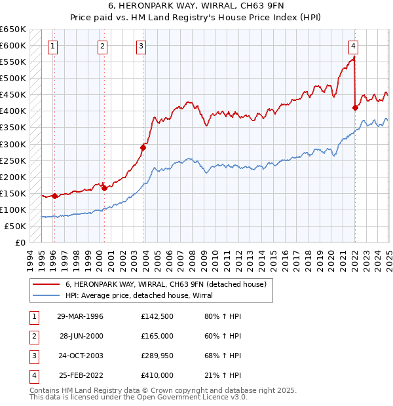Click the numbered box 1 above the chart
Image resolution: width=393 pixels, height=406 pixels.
[x=52, y=46]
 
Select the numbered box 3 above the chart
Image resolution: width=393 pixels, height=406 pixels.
[x=141, y=46]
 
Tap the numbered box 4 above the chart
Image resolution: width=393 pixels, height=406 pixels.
[x=353, y=46]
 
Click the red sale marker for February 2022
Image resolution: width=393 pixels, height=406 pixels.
[x=355, y=107]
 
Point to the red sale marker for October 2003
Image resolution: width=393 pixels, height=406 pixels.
[x=143, y=147]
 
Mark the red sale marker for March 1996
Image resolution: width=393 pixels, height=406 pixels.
[x=55, y=195]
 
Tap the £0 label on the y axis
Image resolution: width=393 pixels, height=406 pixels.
[x=20, y=242]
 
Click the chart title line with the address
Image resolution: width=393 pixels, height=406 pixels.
[x=196, y=7]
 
